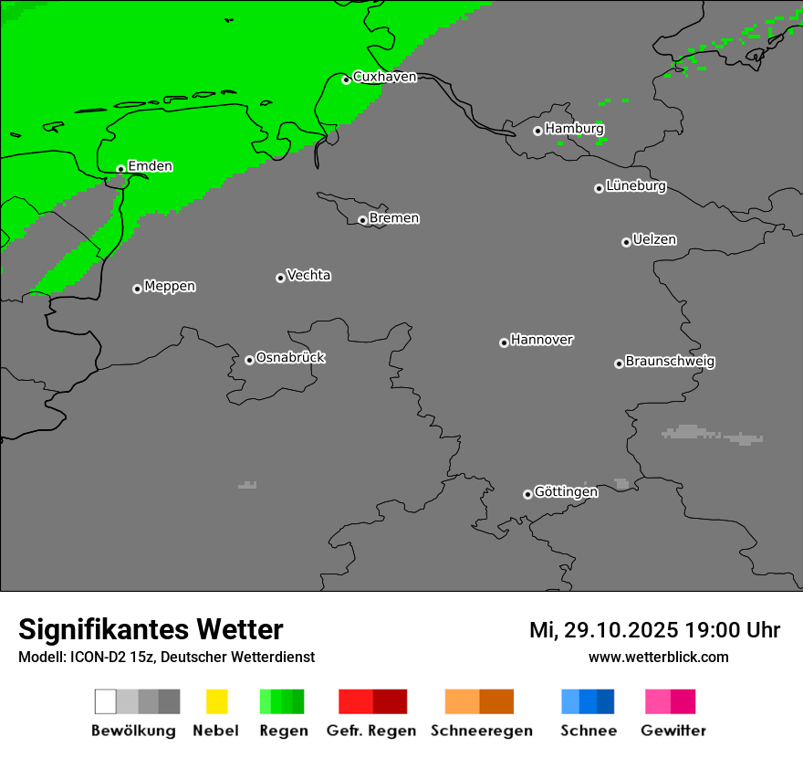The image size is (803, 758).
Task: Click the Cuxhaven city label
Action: tap(384, 77)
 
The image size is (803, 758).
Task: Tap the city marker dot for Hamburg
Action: tap(537, 131)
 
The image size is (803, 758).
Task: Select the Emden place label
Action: tap(150, 166)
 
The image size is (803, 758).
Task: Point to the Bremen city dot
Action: tap(362, 220)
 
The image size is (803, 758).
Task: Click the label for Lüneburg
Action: tap(636, 185)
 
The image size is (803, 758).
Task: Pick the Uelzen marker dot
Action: tap(626, 242)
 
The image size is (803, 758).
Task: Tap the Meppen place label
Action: tap(170, 286)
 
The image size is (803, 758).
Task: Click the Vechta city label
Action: tap(308, 275)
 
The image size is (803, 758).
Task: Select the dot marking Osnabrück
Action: tap(249, 360)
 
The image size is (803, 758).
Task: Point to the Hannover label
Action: tap(542, 340)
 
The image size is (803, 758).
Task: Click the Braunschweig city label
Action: tap(670, 361)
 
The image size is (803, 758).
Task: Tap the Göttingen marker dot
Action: tap(527, 494)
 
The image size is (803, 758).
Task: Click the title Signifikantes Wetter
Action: tap(151, 629)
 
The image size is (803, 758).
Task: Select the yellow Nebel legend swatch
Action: tap(216, 701)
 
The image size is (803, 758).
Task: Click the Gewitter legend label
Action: tap(673, 731)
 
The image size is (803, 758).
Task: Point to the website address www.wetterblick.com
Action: tap(658, 657)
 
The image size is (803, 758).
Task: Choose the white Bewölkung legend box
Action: tap(105, 701)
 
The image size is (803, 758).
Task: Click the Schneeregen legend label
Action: tap(482, 731)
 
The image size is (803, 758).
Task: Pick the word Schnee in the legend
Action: tap(589, 731)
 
